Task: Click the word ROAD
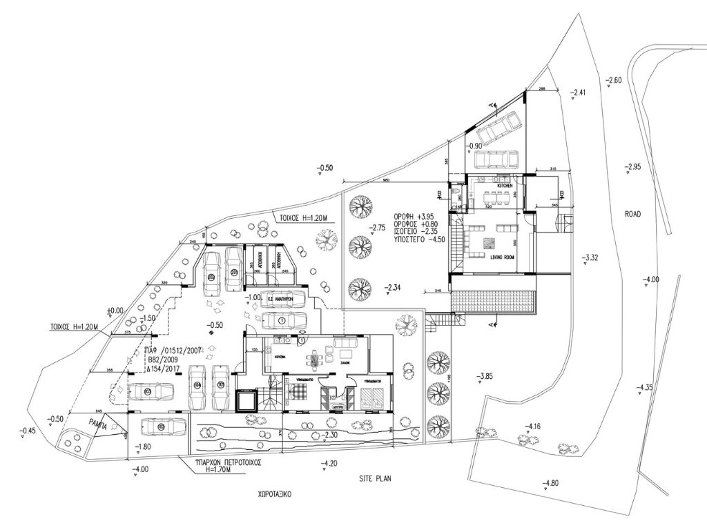tap(633, 215)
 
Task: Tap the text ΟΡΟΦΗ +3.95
tap(419, 215)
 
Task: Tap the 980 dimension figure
tap(387, 181)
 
